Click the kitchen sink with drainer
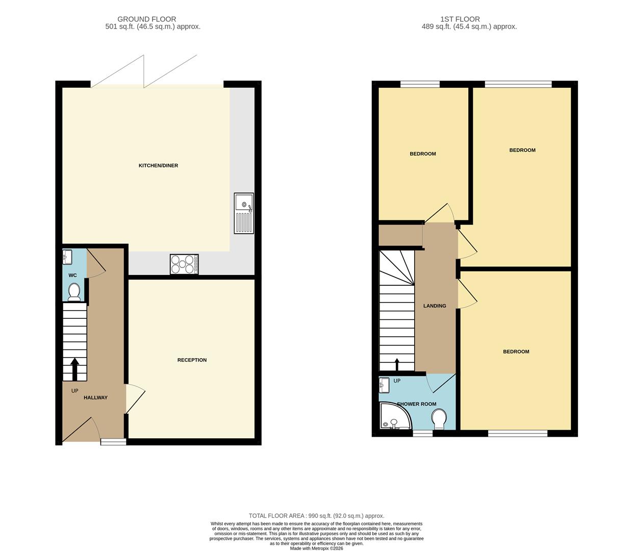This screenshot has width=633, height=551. click(244, 213)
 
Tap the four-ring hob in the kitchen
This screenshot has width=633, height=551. click(184, 264)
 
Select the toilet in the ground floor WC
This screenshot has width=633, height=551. click(74, 292)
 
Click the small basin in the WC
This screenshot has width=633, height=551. click(68, 256)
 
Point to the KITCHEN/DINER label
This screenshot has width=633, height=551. click(158, 166)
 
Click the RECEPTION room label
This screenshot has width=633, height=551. click(192, 360)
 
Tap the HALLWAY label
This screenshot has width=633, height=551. click(95, 397)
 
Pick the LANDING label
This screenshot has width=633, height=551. click(435, 306)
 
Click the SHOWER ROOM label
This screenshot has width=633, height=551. click(417, 404)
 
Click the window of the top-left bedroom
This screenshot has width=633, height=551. click(420, 84)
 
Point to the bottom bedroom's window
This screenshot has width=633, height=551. click(518, 434)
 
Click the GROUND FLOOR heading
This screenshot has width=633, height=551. click(147, 19)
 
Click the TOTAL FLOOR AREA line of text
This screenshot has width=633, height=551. click(316, 516)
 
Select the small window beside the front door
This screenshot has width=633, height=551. click(113, 442)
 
